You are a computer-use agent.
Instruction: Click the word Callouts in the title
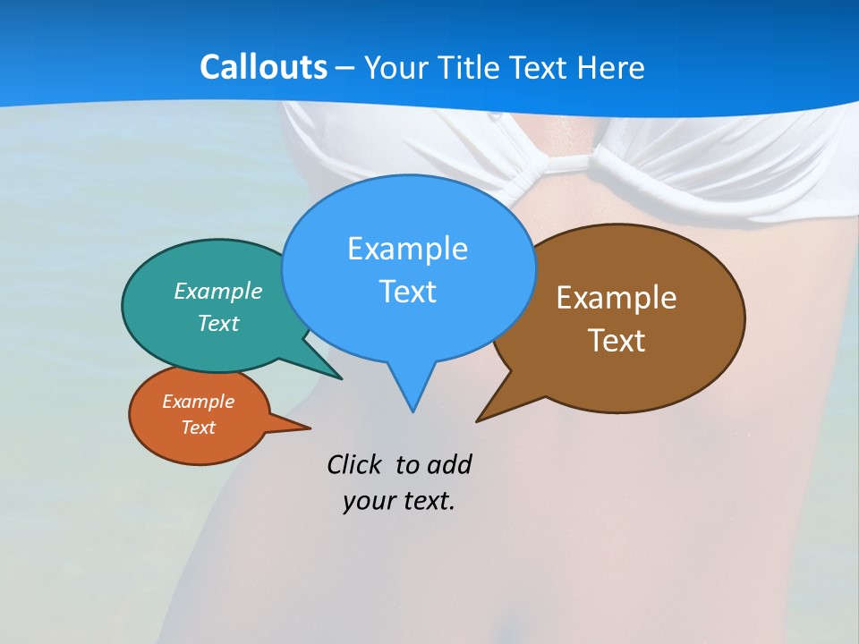263,67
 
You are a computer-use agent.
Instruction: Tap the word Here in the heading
613,67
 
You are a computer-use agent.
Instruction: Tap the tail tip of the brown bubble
478,419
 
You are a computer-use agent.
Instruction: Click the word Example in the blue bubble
407,248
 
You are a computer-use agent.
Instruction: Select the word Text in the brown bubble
617,341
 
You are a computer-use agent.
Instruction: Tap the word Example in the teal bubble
218,291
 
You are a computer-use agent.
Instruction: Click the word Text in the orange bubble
198,428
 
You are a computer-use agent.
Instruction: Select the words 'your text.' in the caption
399,501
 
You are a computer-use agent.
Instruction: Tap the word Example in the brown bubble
617,297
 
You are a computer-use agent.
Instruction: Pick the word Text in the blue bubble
408,292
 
